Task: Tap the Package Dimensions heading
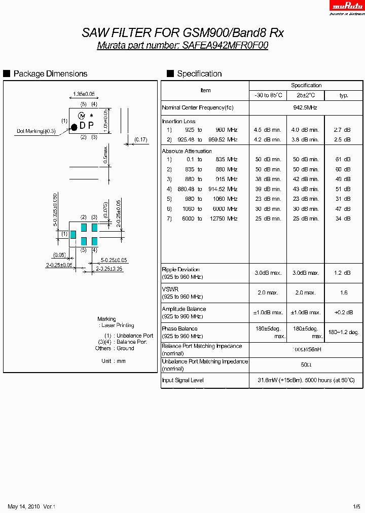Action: coord(50,74)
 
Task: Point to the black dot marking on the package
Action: coord(74,126)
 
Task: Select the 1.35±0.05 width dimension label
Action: coord(84,94)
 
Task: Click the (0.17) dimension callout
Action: coord(141,139)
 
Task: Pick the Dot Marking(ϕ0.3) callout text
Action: coord(36,131)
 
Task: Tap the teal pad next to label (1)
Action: coord(73,234)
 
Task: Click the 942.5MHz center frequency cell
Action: coord(306,107)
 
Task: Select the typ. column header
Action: coord(344,95)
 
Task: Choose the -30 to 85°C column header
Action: coord(268,95)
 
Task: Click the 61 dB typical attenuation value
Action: coord(343,159)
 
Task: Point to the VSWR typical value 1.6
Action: coord(344,292)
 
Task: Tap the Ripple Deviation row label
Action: coord(180,270)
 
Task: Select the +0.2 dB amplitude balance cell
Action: coord(344,312)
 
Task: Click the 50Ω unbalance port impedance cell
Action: coord(306,364)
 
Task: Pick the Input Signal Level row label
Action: coord(182,380)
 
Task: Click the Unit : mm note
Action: coord(113,361)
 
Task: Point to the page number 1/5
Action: coord(357,506)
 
